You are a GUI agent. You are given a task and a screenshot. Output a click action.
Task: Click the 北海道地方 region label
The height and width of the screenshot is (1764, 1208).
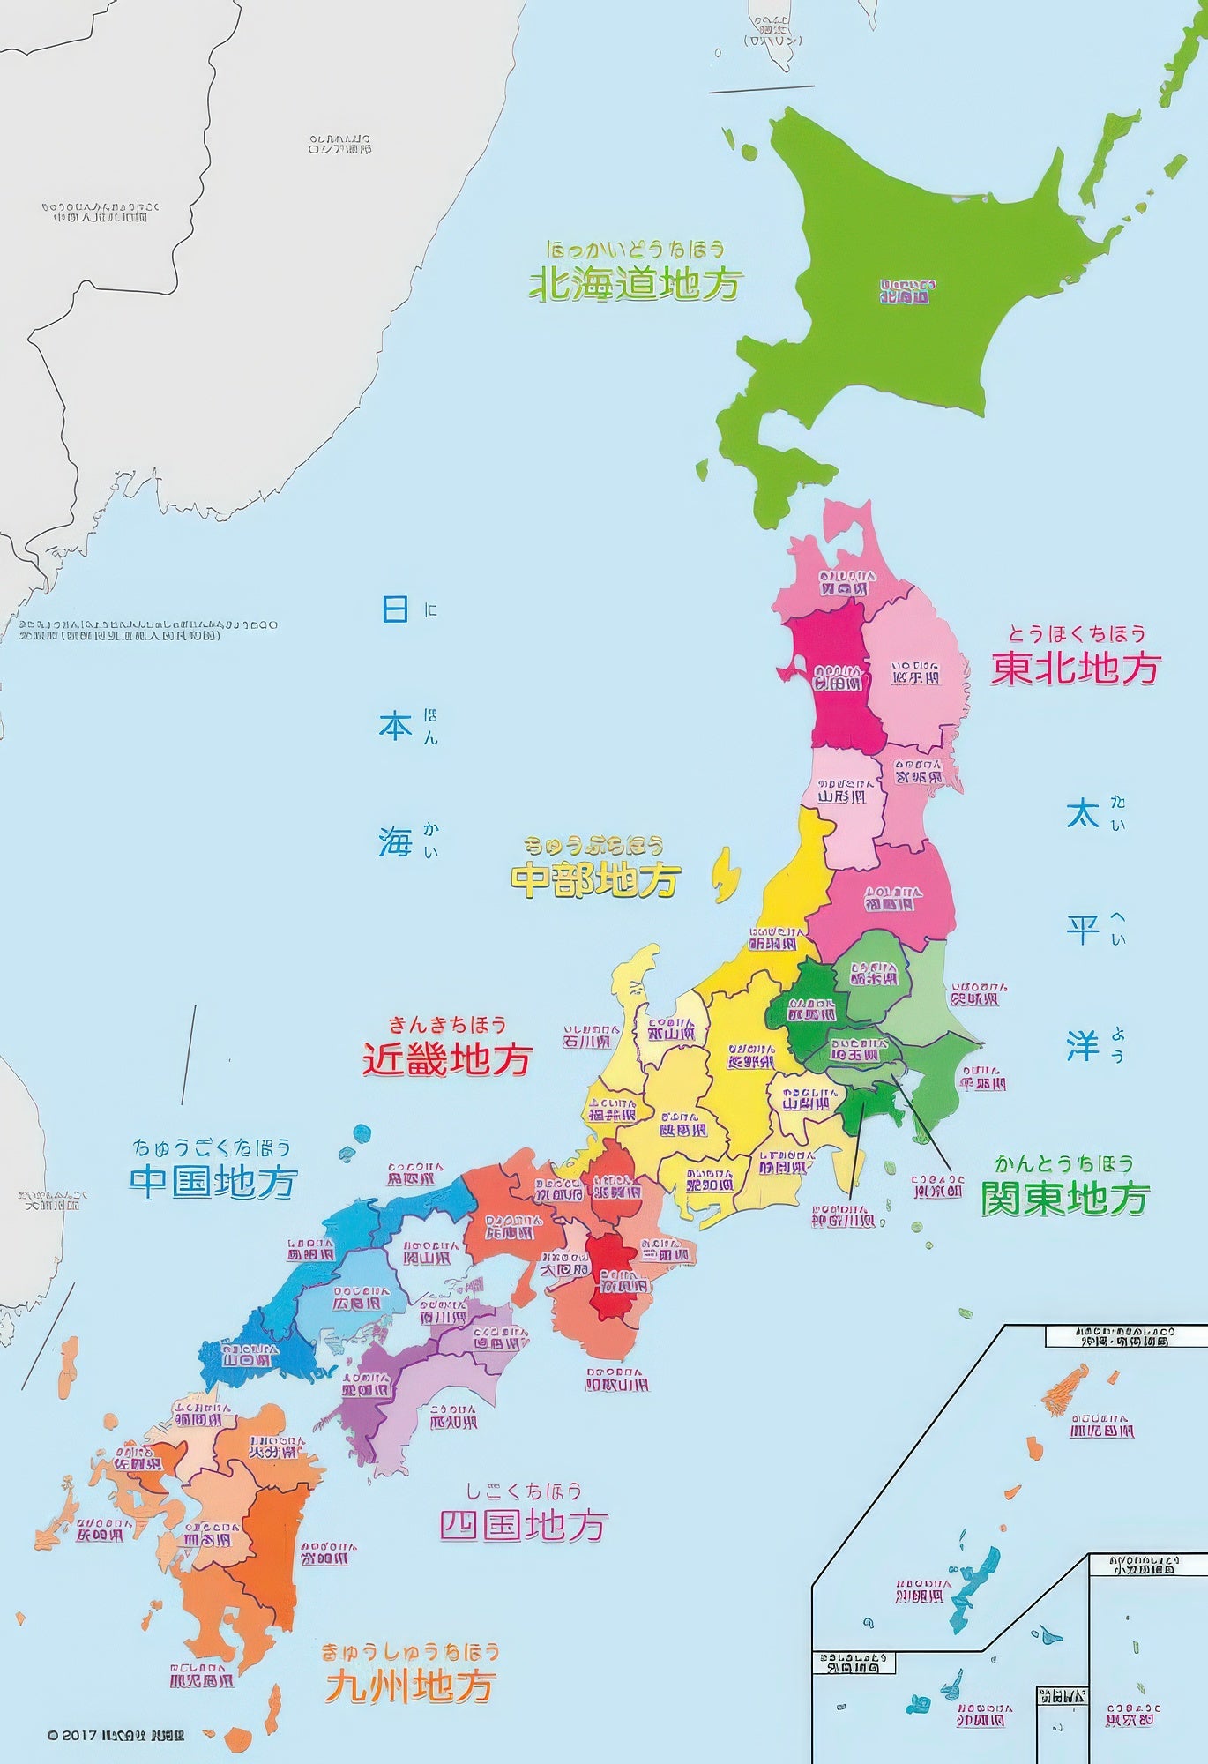[635, 284]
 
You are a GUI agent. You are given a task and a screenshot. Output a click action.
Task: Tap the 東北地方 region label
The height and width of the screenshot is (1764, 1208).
[1075, 668]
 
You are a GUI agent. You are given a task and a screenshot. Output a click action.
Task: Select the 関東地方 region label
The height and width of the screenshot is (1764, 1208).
[1065, 1198]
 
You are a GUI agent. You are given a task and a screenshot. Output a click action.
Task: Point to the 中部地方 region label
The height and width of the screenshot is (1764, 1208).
[596, 879]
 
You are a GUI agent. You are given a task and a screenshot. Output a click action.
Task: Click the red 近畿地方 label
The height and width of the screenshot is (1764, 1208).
[447, 1058]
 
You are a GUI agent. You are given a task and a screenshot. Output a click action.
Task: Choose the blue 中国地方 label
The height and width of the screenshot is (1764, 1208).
[213, 1181]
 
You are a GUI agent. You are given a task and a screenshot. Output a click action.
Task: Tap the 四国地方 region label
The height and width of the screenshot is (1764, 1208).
[524, 1524]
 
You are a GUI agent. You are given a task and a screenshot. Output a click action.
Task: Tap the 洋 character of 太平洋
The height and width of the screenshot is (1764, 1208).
[1083, 1046]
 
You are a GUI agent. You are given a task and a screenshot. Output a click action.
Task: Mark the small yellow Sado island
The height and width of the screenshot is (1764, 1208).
[725, 875]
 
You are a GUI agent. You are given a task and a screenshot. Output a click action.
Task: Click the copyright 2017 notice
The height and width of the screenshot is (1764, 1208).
[116, 1735]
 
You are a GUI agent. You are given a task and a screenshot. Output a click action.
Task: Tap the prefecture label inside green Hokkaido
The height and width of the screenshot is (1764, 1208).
[905, 292]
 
